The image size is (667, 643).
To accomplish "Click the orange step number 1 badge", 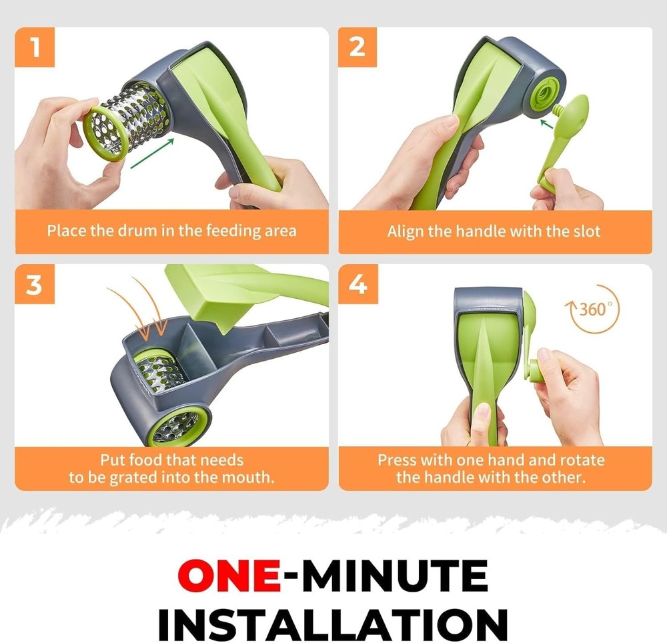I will (35, 47).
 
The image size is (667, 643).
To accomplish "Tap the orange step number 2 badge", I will (358, 47).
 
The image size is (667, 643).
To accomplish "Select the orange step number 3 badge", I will (35, 285).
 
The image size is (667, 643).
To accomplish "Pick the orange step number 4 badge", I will (358, 285).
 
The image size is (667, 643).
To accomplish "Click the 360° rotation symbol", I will (591, 310).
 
